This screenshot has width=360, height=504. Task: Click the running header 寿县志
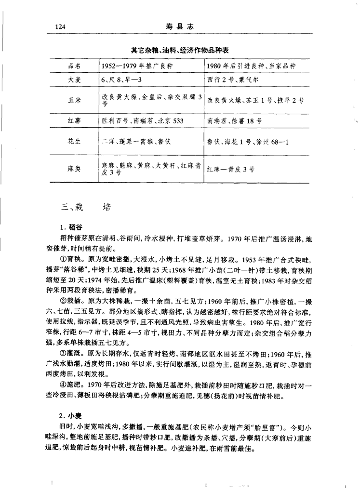(x=179, y=27)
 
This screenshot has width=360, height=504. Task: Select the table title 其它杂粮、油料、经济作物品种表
(x=180, y=50)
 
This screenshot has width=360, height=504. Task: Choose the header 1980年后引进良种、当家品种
(x=251, y=65)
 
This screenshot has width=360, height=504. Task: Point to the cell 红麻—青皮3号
(x=231, y=169)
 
